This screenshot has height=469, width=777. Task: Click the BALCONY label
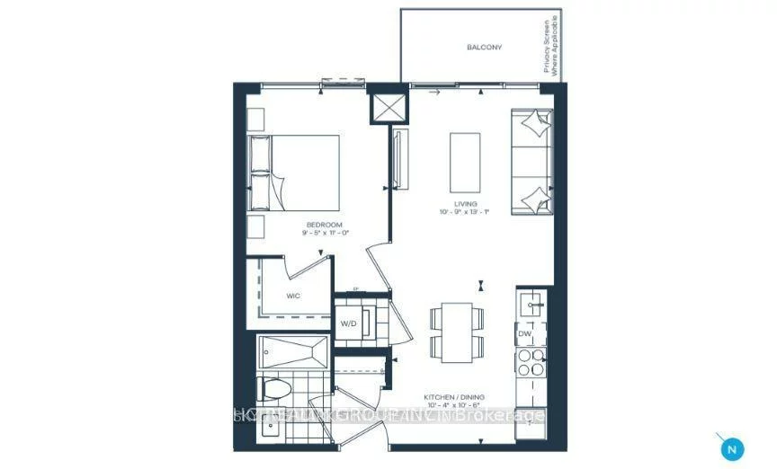(484, 47)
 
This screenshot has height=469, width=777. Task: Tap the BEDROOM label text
(324, 224)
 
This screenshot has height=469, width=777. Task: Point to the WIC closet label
(292, 294)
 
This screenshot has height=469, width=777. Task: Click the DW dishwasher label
(525, 333)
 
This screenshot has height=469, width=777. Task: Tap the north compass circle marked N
(733, 447)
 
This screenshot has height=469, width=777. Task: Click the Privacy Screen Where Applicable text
(551, 45)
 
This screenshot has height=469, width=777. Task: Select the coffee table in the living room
(465, 159)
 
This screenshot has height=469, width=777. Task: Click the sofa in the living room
(531, 163)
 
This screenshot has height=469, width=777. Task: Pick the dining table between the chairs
(457, 331)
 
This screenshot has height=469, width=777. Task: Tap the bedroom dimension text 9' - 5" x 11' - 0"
(325, 233)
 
